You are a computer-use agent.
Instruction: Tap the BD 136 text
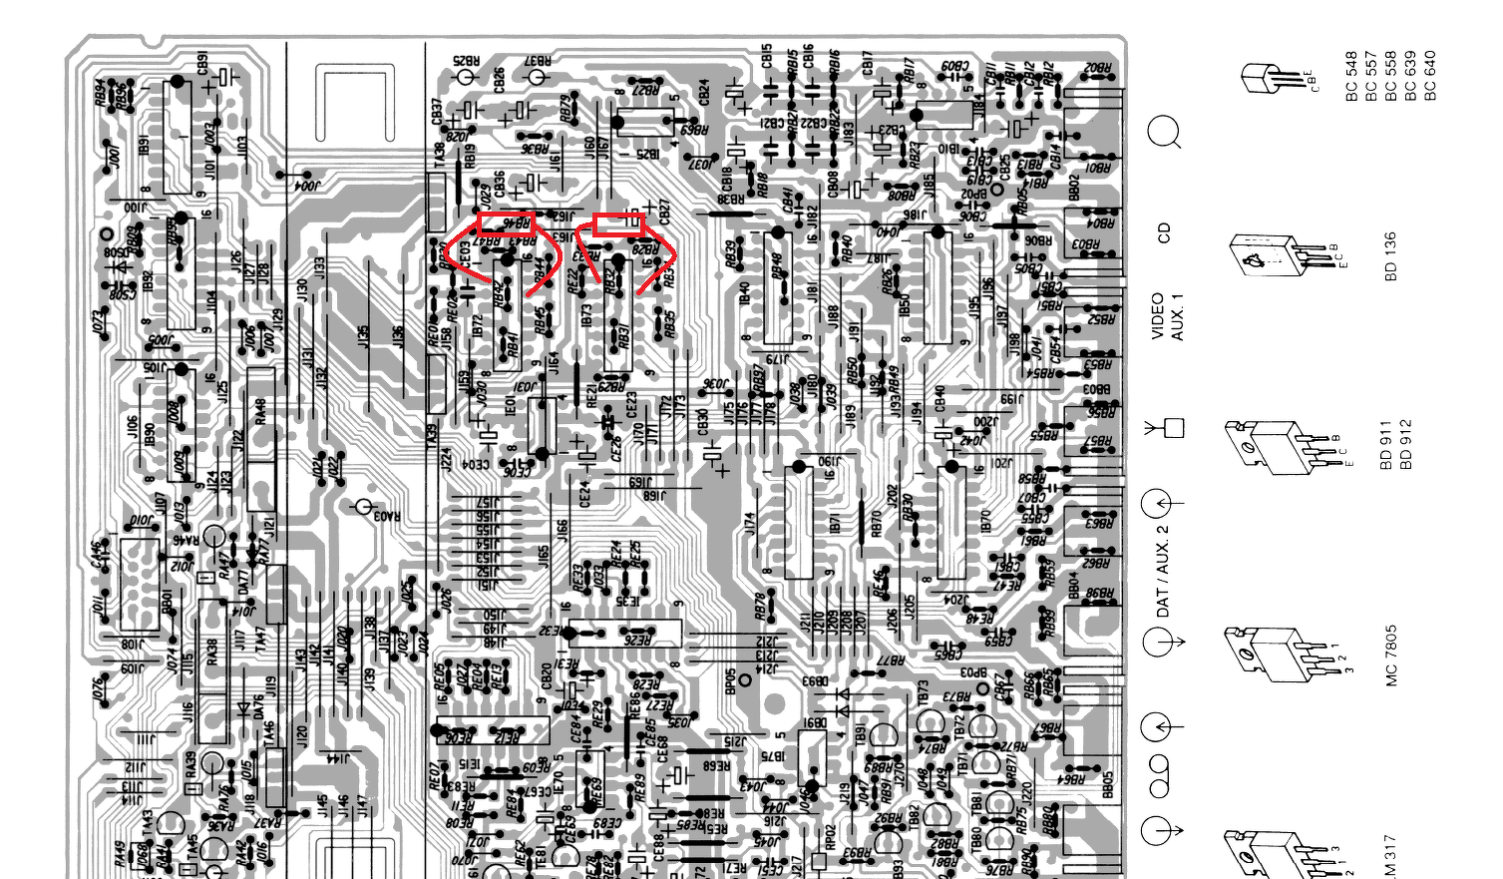[x=1390, y=256]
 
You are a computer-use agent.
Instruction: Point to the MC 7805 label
[x=1390, y=656]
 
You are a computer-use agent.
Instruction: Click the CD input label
[x=1163, y=233]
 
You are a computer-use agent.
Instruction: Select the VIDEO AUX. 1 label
[x=1167, y=317]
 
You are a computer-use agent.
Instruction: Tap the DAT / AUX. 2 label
[x=1162, y=571]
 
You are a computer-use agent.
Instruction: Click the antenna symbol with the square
[x=1166, y=428]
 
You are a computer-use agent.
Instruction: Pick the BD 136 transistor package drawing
[x=1265, y=255]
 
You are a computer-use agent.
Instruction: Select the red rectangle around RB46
[x=507, y=222]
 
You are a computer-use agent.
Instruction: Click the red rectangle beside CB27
[x=617, y=224]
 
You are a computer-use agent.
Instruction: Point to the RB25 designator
[x=465, y=61]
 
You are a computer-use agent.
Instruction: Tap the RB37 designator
[x=537, y=61]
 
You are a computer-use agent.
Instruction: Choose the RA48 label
[x=260, y=410]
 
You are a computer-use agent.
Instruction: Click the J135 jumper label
[x=364, y=337]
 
